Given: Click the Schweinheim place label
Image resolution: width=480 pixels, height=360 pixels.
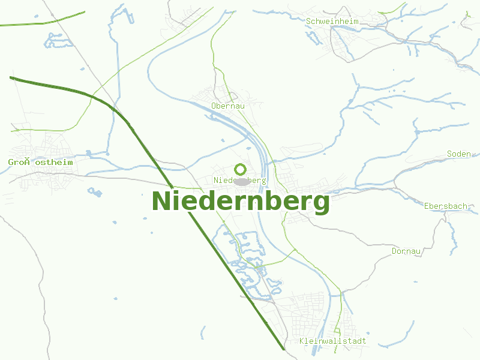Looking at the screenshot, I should pos(332,21).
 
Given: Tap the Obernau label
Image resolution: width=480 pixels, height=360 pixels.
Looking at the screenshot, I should pos(228,106).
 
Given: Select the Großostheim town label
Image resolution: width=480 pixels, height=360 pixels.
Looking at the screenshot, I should pos(40,162).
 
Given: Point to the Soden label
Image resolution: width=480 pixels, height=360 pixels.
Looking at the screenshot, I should pos(459,154).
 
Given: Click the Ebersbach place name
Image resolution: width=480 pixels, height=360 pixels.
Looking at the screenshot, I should pos(445,206).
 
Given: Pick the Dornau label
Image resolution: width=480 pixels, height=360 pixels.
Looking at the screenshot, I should pos(406,251).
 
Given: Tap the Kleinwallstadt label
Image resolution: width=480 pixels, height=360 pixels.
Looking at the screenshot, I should pos(332,341).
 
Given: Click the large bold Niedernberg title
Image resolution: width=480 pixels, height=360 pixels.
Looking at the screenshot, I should pos(241,201).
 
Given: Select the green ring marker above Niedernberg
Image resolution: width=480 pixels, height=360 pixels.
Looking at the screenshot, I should pos(240,169).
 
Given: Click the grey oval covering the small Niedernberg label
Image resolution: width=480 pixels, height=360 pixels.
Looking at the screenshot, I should pos(241,181).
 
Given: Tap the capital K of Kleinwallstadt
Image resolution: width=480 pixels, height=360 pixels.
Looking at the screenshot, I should pos(302,341).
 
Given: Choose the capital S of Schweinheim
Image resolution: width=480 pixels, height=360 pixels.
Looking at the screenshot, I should pos(308,21).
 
